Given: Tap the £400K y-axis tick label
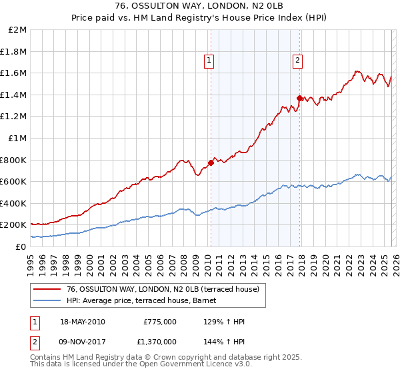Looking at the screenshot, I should pos(13,203).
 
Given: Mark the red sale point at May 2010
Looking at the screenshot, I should pos(211,163).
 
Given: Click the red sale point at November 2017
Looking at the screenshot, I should pos(299,98).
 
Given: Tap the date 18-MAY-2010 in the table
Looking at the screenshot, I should pos(83,322).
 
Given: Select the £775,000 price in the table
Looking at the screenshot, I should pos(160,322).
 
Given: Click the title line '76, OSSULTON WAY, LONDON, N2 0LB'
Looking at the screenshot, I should pos(200,7).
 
